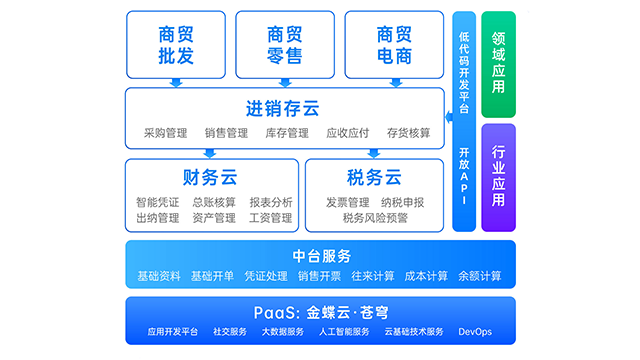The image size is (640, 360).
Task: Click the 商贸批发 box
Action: (x=176, y=45)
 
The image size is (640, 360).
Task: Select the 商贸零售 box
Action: (x=285, y=45)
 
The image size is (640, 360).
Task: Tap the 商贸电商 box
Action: (x=393, y=45)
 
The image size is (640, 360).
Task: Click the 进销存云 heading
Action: (x=284, y=108)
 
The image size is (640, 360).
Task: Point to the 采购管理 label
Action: (x=165, y=133)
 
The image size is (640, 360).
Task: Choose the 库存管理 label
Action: (x=286, y=133)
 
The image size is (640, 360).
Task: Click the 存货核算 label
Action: (x=408, y=133)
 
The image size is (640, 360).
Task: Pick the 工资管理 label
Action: (x=271, y=218)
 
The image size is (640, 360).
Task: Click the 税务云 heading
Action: (x=374, y=178)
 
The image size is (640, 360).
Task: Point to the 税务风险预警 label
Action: (x=375, y=218)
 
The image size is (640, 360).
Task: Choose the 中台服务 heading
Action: (x=320, y=255)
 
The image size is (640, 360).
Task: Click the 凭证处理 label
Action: (x=266, y=276)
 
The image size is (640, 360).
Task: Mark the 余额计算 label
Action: (x=479, y=276)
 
